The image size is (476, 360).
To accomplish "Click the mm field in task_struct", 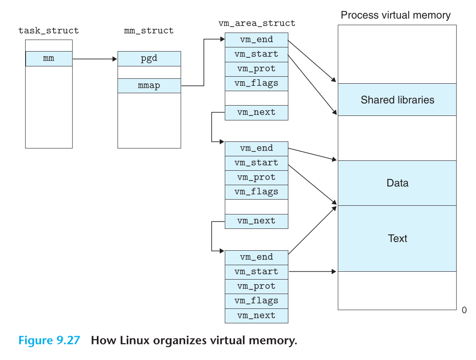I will pos(49,59).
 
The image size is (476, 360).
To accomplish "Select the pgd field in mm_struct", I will pos(149,59).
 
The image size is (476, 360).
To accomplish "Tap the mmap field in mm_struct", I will pos(149,86).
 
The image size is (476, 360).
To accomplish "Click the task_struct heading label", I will pos(49,31).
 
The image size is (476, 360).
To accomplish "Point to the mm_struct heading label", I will pos(149,31).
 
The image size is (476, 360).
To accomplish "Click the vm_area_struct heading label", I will pos(257,23).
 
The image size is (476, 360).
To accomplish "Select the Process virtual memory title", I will pos(396,16).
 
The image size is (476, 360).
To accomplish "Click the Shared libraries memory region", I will pos(397,100).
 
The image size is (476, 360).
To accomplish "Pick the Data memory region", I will pos(397,183).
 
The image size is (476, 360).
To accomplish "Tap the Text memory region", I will pos(397,238).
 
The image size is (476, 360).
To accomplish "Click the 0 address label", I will pos(464,311).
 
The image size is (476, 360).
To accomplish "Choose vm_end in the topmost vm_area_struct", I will pos(257,40).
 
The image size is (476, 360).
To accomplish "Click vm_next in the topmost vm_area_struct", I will pos(257,112).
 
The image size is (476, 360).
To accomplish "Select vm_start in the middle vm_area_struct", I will pos(257,163).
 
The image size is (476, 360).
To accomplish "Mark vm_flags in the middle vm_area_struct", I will pos(257,192).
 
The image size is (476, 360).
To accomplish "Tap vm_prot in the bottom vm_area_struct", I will pos(257,286).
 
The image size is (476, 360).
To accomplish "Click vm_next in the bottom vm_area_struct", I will pos(257,315).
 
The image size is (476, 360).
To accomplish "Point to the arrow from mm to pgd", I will pos(95,59).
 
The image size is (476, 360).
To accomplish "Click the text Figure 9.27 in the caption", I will pos(49,341).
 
